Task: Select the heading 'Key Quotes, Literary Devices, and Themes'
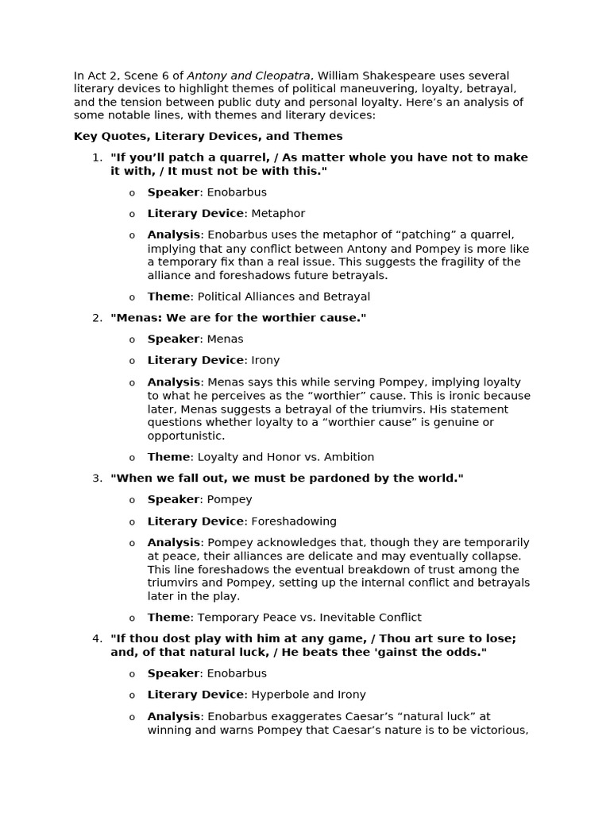[x=208, y=136]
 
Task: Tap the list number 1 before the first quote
[x=97, y=157]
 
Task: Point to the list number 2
[x=97, y=318]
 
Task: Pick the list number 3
[x=97, y=478]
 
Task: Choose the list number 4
[x=97, y=638]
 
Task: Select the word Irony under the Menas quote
[x=265, y=360]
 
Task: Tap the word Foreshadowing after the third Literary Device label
[x=294, y=521]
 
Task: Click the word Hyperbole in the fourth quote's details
[x=279, y=694]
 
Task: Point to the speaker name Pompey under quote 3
[x=230, y=499]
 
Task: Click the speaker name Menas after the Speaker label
[x=225, y=339]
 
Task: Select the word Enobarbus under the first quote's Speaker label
[x=237, y=192]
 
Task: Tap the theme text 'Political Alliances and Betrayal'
[x=284, y=297]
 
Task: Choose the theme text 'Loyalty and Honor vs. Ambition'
[x=285, y=457]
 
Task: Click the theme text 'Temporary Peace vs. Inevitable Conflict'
[x=309, y=617]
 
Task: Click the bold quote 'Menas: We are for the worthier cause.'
[x=238, y=318]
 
